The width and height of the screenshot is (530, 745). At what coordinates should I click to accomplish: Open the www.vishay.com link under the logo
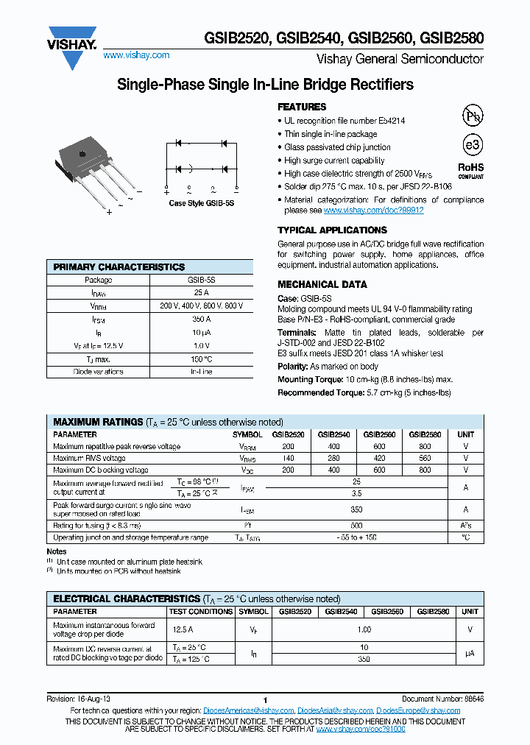pos(136,55)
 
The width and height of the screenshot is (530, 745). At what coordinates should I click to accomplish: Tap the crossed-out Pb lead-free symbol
pos(471,116)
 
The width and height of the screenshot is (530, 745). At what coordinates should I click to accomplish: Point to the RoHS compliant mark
pos(471,171)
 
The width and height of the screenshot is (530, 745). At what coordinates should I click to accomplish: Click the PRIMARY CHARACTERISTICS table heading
pos(119,267)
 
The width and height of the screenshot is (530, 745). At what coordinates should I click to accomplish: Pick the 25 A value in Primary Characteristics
pos(201,292)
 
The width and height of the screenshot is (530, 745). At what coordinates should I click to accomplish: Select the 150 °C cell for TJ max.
pos(201,359)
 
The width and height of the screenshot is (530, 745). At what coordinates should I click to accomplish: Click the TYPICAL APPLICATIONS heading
pos(332,230)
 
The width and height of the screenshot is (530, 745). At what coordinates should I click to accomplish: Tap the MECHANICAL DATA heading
pos(322,285)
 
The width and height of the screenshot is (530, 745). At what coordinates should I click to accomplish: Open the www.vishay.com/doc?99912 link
pos(374,211)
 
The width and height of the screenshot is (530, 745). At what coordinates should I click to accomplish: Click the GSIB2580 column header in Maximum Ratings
pos(425,434)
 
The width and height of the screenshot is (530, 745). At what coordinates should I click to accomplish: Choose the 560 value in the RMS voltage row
pos(425,458)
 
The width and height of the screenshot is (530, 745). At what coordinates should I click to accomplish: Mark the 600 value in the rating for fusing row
pos(356,526)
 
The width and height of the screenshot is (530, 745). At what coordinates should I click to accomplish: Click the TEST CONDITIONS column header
pos(201,611)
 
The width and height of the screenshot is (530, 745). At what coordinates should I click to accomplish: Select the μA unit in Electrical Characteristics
pos(470,652)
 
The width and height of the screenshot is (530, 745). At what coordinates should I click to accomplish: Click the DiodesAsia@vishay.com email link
pos(335,710)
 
